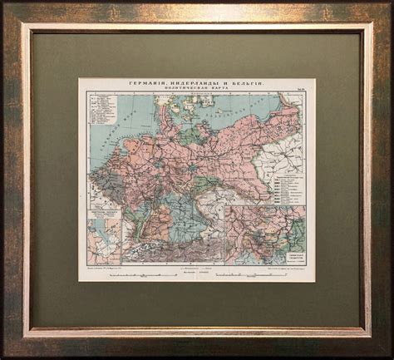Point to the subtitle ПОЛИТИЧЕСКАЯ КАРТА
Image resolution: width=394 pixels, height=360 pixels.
[197, 91]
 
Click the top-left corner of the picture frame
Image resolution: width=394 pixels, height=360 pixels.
[5, 5]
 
